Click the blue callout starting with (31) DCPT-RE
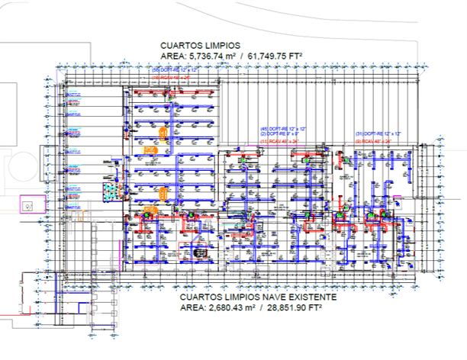pos(378,134)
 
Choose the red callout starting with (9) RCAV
pos(375,141)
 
